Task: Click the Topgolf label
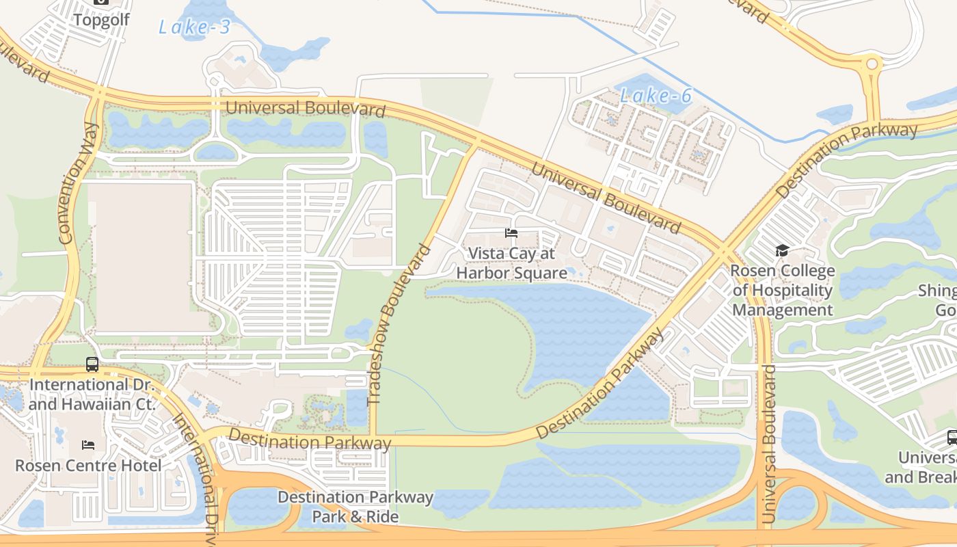coord(100,19)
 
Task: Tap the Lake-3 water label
coord(194,27)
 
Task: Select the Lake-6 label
coord(656,96)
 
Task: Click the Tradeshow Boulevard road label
coord(399,325)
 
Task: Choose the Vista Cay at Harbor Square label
coord(511,263)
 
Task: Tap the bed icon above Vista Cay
coord(511,233)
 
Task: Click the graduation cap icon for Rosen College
coord(782,250)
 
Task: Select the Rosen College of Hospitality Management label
coord(783,290)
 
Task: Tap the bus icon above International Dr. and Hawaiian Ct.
coord(92,364)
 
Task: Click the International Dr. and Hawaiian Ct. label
coord(92,395)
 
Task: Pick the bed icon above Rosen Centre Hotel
coord(88,445)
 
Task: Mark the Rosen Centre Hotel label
coord(88,466)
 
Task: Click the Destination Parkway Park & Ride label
coord(355,506)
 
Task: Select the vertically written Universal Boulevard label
coord(769,444)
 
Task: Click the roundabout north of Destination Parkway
coord(872,65)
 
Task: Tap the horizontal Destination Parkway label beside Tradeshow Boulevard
coord(310,440)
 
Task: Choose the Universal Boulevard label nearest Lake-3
coord(305,108)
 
